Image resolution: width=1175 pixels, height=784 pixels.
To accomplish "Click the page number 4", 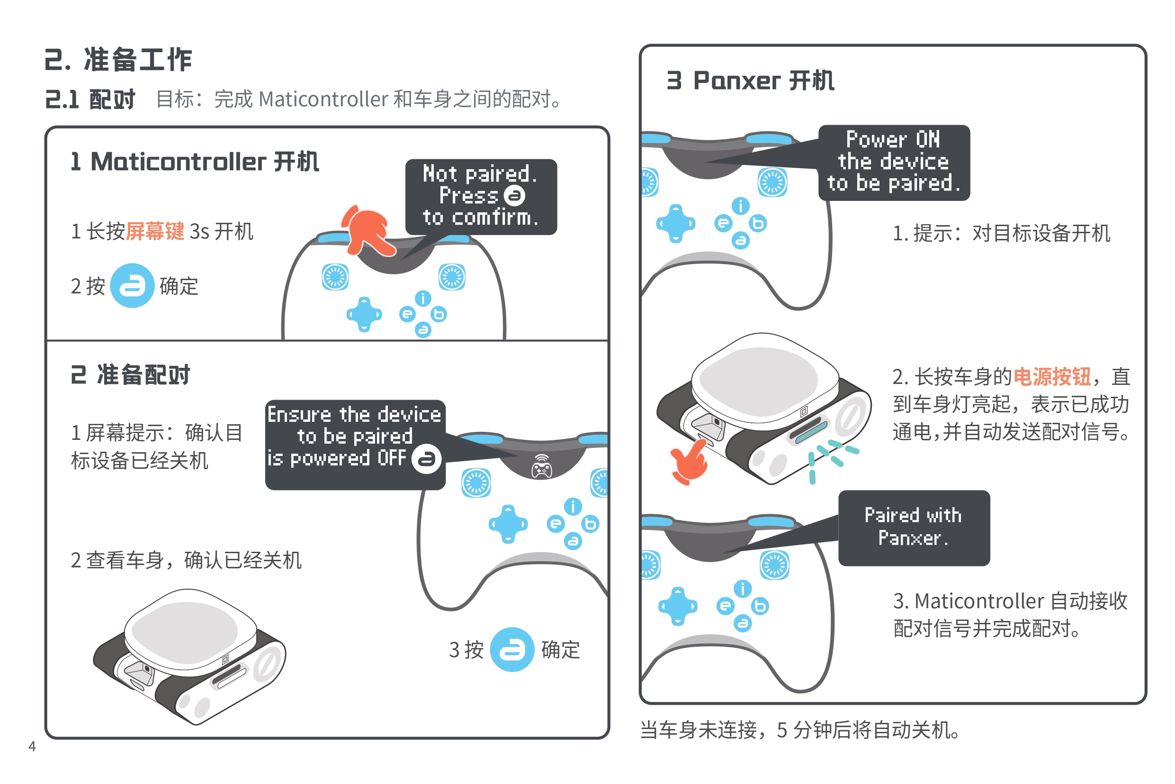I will [32, 746].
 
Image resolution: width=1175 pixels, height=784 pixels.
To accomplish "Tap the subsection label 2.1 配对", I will [90, 99].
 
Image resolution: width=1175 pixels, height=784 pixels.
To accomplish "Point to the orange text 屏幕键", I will [155, 231].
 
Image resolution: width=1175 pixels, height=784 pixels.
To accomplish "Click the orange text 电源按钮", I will [1051, 376].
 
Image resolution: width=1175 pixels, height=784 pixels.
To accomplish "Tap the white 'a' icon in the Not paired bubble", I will [514, 195].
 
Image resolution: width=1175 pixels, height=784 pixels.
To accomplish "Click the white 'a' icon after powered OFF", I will [426, 458].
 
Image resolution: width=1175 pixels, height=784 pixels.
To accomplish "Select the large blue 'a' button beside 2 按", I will [132, 285].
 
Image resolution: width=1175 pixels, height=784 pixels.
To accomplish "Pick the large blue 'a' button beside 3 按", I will [512, 649].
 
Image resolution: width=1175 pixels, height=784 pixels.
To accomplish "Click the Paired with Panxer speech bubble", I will [914, 528].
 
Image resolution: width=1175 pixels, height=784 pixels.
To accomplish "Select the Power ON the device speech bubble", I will [894, 162].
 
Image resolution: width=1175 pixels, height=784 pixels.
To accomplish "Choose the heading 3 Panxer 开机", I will [750, 81].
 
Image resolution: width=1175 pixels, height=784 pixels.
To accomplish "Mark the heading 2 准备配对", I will [130, 374].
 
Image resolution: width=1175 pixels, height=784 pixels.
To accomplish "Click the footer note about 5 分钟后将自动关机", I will [799, 729].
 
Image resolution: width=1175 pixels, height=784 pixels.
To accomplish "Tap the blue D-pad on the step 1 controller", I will [364, 314].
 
